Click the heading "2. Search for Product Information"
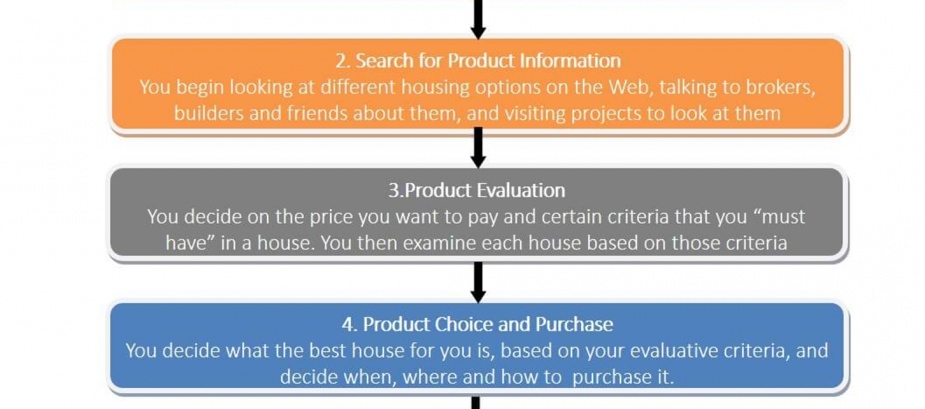(x=478, y=61)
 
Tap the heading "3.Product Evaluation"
(x=477, y=190)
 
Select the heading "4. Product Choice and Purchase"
(x=477, y=324)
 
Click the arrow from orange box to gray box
(x=478, y=147)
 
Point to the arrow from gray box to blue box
(x=478, y=282)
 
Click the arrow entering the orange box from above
(x=478, y=19)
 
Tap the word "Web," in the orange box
(x=631, y=88)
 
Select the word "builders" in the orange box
(x=209, y=113)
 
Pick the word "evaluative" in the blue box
(x=674, y=351)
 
